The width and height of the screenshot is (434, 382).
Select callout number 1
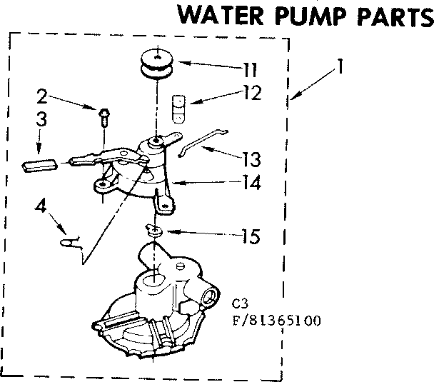pyautogui.click(x=340, y=69)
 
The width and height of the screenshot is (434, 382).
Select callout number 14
pyautogui.click(x=250, y=182)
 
